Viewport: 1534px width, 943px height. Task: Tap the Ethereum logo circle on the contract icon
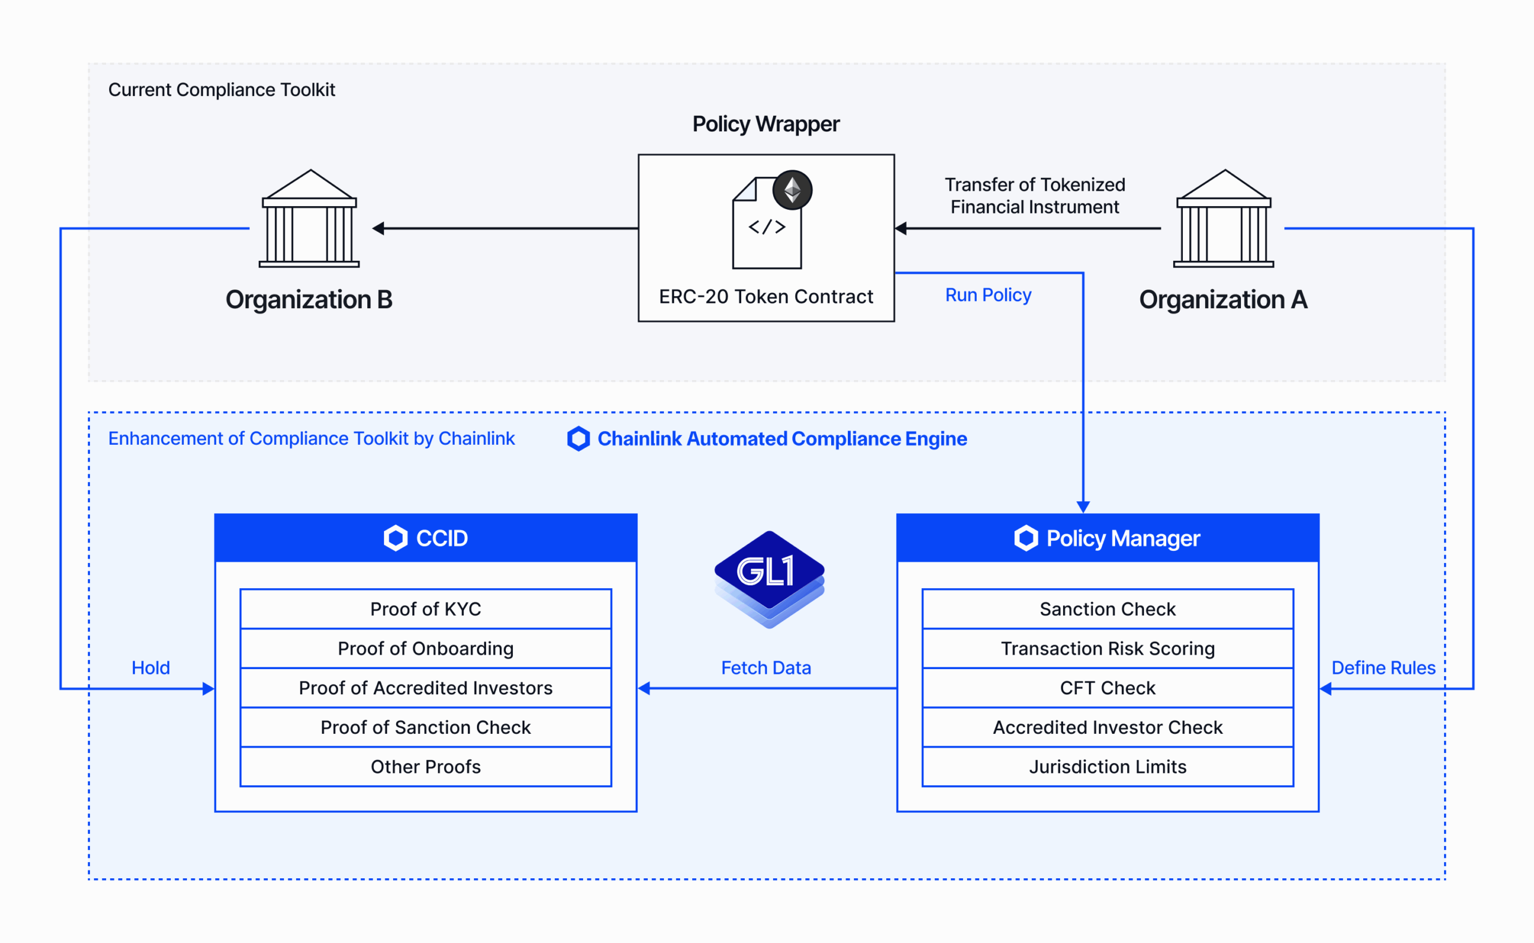(x=792, y=189)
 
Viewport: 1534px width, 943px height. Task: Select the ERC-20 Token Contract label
(x=765, y=296)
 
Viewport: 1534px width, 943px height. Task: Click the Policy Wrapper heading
(x=765, y=124)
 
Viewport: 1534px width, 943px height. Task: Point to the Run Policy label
(x=988, y=295)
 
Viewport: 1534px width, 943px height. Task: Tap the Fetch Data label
(x=765, y=668)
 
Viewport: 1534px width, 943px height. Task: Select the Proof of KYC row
(x=425, y=608)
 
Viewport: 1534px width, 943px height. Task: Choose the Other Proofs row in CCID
(x=425, y=767)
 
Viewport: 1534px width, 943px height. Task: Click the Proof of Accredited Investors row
(x=425, y=688)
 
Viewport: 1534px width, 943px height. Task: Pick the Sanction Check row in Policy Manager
(x=1107, y=608)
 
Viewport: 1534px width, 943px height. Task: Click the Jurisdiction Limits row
(x=1107, y=767)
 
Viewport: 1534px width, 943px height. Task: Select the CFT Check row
(x=1107, y=688)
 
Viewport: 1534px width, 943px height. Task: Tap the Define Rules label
(x=1383, y=668)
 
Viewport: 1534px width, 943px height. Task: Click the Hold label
(x=150, y=668)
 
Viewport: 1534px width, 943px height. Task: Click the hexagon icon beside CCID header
(x=395, y=538)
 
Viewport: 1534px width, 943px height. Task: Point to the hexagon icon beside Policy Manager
(x=1026, y=538)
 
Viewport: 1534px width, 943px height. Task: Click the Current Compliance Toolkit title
(x=221, y=90)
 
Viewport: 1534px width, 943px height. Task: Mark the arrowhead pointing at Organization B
(x=378, y=228)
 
